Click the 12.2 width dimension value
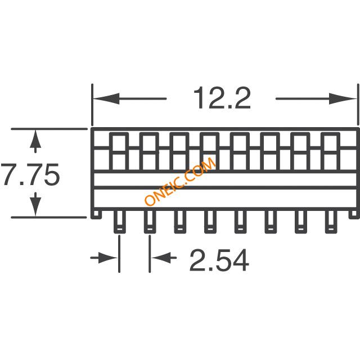coord(222,98)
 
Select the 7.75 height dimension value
coord(30,174)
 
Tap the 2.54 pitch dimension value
coord(219,260)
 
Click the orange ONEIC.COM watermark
coord(180,181)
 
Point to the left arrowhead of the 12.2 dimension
coord(106,99)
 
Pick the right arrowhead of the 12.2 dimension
coord(343,99)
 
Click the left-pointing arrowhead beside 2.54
coord(161,258)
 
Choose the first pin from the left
coord(120,222)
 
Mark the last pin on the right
coord(331,222)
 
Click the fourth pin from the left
coord(210,222)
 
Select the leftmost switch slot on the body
coord(119,152)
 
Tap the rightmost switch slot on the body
coord(330,152)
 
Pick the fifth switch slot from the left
coord(240,152)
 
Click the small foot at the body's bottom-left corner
coord(96,214)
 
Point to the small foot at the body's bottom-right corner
coord(354,214)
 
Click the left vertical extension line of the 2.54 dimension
coord(119,254)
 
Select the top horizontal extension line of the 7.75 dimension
coord(49,129)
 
